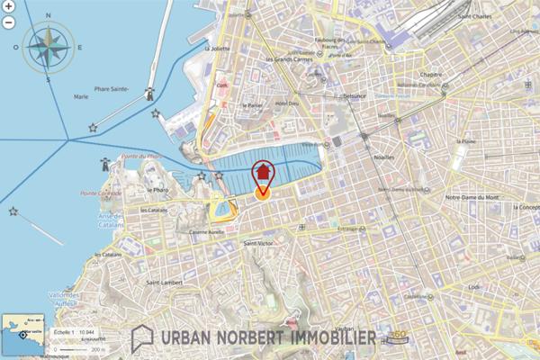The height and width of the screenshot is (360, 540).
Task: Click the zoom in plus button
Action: tap(7, 8)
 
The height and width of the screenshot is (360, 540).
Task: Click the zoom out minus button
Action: tap(7, 21)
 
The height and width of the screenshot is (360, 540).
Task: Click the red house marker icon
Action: tap(262, 171)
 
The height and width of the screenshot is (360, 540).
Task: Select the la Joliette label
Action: tap(219, 49)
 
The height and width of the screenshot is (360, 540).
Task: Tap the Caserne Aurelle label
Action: tap(206, 231)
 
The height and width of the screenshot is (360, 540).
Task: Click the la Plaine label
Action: tap(466, 140)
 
